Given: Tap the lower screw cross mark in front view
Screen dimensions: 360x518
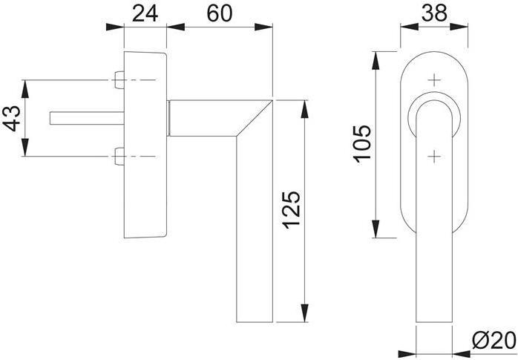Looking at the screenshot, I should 435,155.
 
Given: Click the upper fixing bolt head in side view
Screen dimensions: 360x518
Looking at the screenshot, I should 119,79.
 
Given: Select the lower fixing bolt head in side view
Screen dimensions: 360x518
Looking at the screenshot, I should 119,156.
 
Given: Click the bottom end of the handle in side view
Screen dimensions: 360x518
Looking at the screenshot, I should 255,321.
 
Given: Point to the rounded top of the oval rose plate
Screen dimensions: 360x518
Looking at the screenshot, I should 435,53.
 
